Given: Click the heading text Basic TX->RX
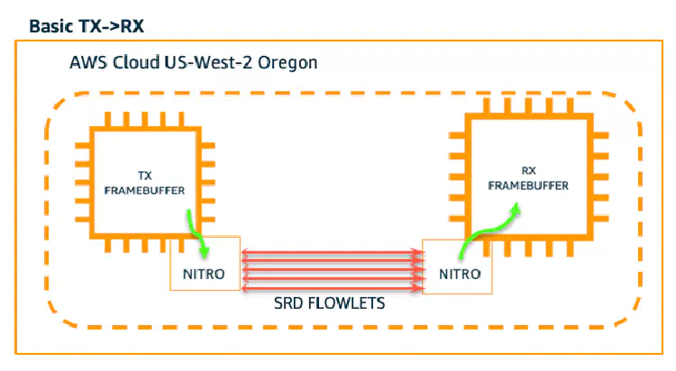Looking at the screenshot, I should [87, 25].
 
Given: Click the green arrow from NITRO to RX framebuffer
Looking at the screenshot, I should [485, 225].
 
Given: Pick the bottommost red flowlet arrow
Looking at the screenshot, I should [331, 288].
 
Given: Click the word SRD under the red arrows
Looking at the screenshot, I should [288, 304].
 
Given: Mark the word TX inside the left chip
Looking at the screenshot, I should [143, 175].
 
